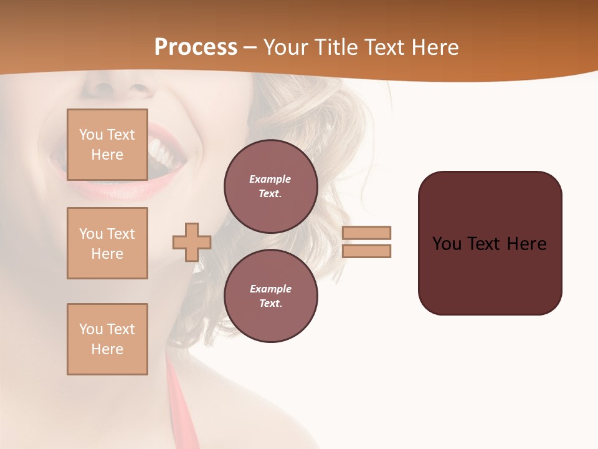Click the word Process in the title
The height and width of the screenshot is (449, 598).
[x=196, y=47]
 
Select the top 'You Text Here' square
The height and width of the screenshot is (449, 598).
[x=107, y=145]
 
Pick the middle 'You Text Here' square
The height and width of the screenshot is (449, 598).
[x=107, y=243]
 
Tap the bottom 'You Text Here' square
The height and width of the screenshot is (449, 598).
[x=107, y=339]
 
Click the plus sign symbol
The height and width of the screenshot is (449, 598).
[x=191, y=242]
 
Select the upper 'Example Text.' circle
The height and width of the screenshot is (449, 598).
[x=270, y=186]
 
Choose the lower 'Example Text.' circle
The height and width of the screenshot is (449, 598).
[x=270, y=296]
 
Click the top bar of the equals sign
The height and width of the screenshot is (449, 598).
[x=366, y=233]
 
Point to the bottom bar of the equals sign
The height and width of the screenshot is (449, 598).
[x=366, y=251]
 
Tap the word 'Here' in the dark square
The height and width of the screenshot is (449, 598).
[x=526, y=243]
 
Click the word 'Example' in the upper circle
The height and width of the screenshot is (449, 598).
[x=270, y=179]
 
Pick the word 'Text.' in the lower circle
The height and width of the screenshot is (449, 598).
[x=270, y=303]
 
